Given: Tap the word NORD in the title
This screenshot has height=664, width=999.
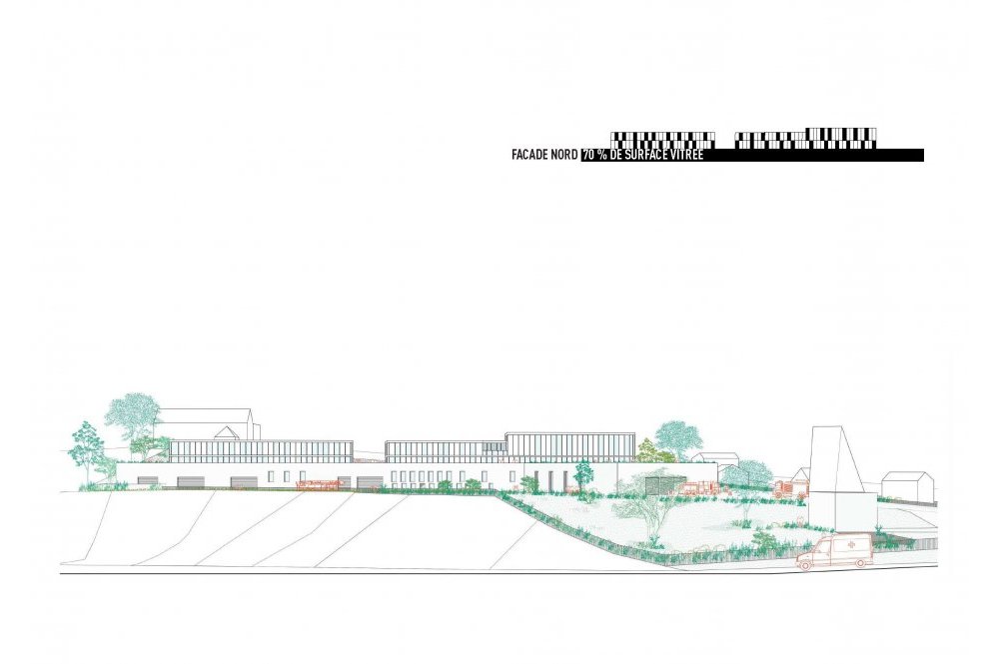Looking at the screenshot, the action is [x=565, y=155].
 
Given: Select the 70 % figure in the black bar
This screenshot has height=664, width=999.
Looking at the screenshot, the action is [x=594, y=155].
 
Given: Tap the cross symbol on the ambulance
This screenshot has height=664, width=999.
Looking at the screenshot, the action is [x=852, y=546].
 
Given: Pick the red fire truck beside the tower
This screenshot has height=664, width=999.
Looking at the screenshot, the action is [x=791, y=488].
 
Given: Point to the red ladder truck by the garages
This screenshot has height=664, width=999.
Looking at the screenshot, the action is [x=318, y=485].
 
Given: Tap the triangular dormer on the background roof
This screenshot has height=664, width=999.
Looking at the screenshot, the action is [x=228, y=432].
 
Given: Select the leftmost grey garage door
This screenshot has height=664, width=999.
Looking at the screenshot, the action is [x=148, y=482].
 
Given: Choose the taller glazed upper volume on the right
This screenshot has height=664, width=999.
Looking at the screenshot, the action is [x=570, y=446].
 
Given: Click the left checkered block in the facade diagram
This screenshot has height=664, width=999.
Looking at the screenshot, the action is [x=662, y=140].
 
